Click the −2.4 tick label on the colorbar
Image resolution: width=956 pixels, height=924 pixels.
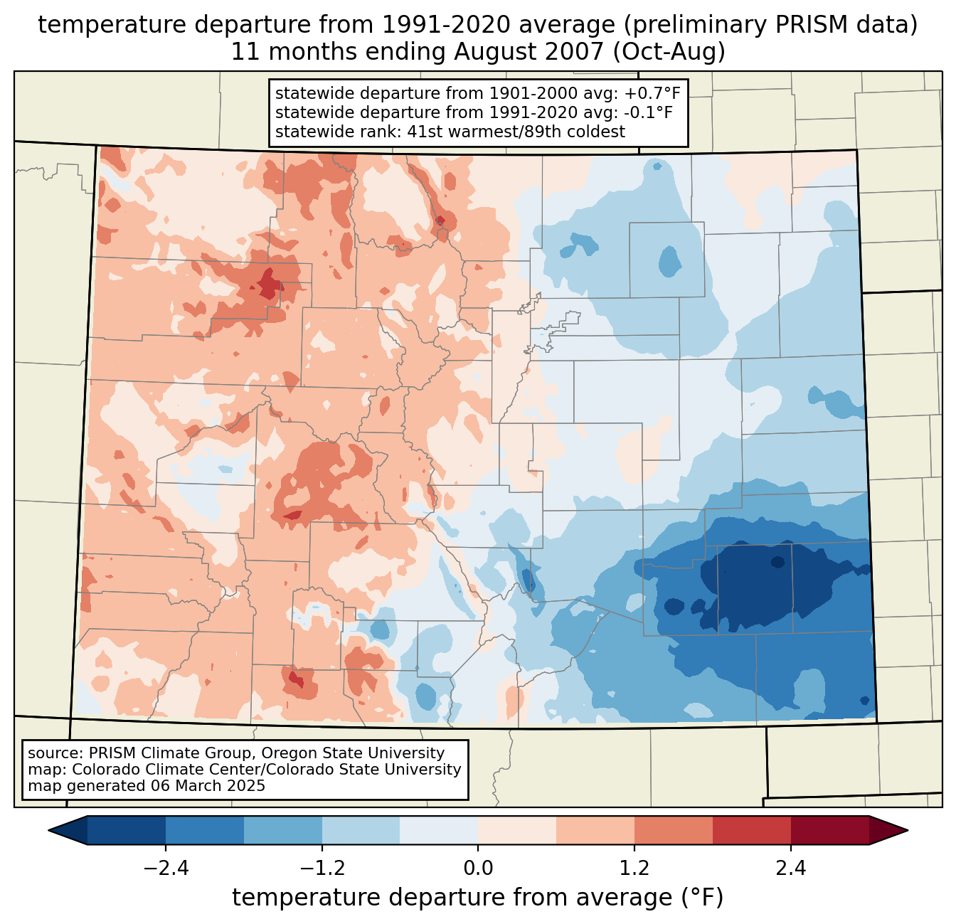[x=165, y=869]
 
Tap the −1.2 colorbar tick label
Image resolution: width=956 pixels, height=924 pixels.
[x=322, y=869]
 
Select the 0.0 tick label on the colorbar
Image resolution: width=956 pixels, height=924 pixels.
[x=478, y=869]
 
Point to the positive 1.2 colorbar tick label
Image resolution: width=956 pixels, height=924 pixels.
[x=634, y=869]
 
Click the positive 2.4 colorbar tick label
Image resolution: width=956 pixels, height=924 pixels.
[x=791, y=869]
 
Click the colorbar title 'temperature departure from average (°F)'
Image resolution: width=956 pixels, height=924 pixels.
[x=478, y=898]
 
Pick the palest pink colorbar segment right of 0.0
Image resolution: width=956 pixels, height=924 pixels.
[x=517, y=830]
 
